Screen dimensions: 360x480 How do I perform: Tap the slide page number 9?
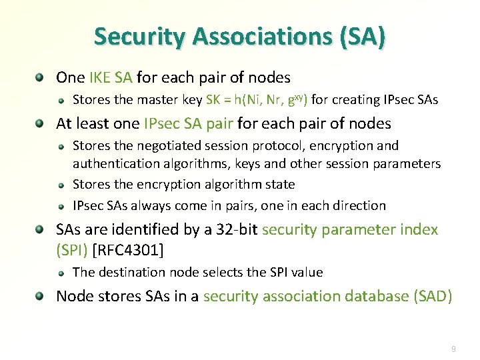pyautogui.click(x=453, y=349)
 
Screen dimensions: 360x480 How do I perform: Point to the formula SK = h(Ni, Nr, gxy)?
pyautogui.click(x=257, y=100)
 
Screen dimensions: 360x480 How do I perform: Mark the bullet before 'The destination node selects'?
pyautogui.click(x=61, y=273)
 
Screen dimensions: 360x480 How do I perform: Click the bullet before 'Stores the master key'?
pyautogui.click(x=61, y=101)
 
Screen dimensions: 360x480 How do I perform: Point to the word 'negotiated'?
pyautogui.click(x=182, y=145)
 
